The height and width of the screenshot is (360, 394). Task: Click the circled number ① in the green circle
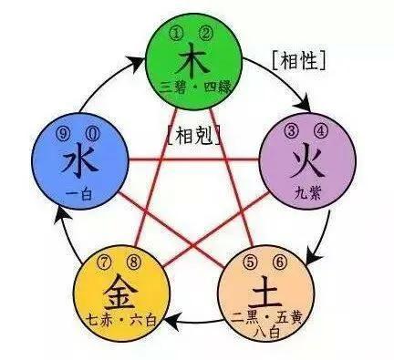pos(178,36)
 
